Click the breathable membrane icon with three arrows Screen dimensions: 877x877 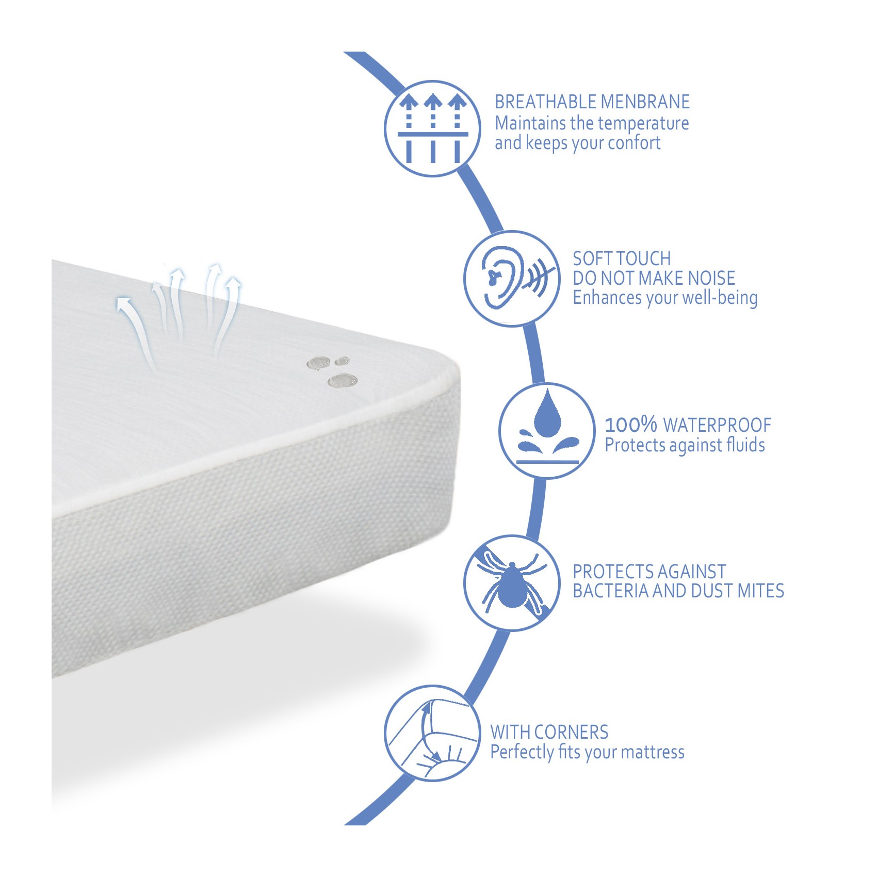pyautogui.click(x=432, y=129)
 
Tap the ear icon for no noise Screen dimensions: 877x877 pyautogui.click(x=512, y=279)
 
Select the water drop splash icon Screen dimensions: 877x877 pyautogui.click(x=547, y=431)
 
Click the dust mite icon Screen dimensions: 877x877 pyautogui.click(x=512, y=583)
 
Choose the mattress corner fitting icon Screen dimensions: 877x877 pyautogui.click(x=432, y=733)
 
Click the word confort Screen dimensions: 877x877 pyautogui.click(x=635, y=143)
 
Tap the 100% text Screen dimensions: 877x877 pyautogui.click(x=631, y=425)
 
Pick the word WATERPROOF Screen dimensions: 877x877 pyautogui.click(x=717, y=426)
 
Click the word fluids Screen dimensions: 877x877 pyautogui.click(x=745, y=445)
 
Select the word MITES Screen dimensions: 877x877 pyautogui.click(x=761, y=591)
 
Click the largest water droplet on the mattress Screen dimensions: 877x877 pyautogui.click(x=343, y=381)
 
